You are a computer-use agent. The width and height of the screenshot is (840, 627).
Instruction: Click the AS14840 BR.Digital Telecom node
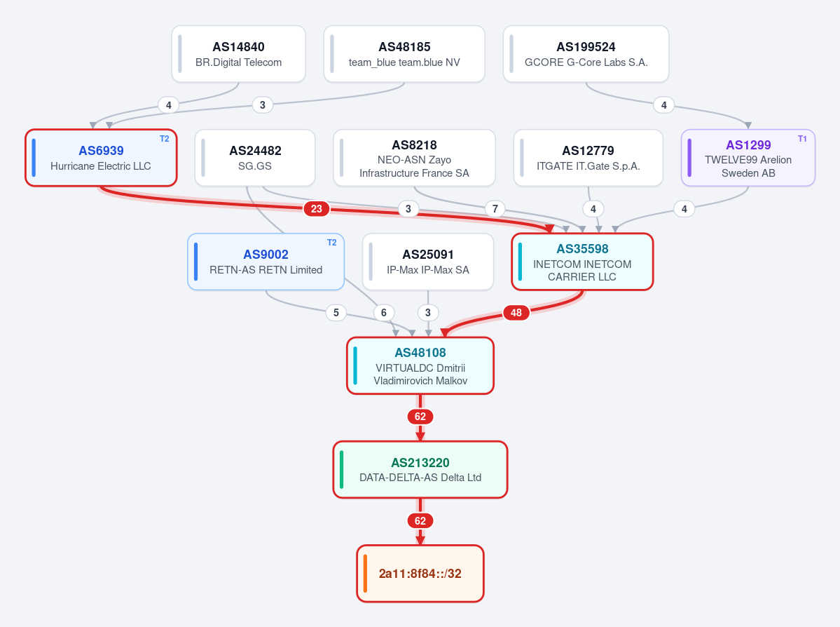tap(238, 54)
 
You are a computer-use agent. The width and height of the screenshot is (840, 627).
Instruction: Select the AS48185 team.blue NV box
tap(404, 54)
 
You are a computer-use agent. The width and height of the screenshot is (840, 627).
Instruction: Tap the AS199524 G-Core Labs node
tap(586, 54)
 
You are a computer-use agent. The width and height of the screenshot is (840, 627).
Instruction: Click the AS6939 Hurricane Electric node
tap(101, 158)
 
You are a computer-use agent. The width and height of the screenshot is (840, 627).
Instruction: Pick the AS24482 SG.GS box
tap(255, 158)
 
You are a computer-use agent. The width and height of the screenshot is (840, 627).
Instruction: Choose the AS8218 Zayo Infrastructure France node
tap(414, 158)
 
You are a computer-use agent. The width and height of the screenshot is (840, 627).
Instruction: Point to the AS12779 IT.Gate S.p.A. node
tap(588, 158)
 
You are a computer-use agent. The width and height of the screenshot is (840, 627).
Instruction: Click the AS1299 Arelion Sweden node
tap(748, 158)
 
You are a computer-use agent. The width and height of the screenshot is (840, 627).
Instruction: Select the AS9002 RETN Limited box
tap(266, 262)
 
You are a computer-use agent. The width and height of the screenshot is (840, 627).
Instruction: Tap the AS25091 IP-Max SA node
tap(428, 262)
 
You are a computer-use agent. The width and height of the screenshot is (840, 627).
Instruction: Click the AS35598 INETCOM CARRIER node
tap(582, 262)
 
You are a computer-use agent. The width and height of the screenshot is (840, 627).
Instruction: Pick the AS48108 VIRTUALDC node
tap(420, 366)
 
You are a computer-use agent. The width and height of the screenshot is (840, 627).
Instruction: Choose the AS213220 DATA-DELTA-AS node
tap(420, 470)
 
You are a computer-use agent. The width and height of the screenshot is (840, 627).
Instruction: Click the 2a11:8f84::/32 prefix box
tap(420, 574)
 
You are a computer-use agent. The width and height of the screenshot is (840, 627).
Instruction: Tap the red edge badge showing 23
tap(317, 208)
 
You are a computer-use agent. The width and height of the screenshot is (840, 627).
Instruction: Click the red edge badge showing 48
tap(516, 313)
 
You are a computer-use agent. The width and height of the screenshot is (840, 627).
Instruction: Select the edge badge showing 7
tap(495, 208)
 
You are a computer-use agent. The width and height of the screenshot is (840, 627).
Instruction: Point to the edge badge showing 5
tap(336, 313)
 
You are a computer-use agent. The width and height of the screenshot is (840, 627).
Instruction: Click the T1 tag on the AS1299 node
tap(802, 139)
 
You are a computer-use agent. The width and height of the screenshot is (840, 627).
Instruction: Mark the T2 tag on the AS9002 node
tap(331, 243)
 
